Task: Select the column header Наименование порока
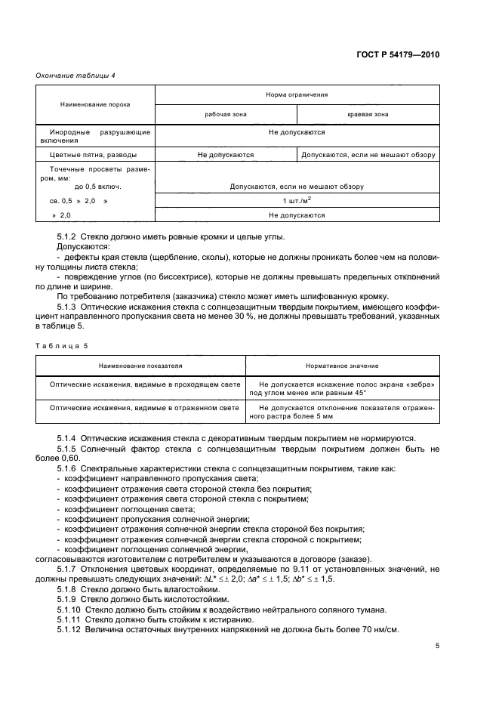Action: [x=96, y=104]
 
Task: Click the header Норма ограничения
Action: [x=297, y=95]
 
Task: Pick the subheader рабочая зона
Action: [x=225, y=114]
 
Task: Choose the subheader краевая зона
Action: [x=368, y=114]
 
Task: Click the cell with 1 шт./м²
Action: [x=297, y=201]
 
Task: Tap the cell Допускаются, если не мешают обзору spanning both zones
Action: [x=297, y=186]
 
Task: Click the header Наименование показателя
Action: [x=140, y=366]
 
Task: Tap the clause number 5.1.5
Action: [x=71, y=449]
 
